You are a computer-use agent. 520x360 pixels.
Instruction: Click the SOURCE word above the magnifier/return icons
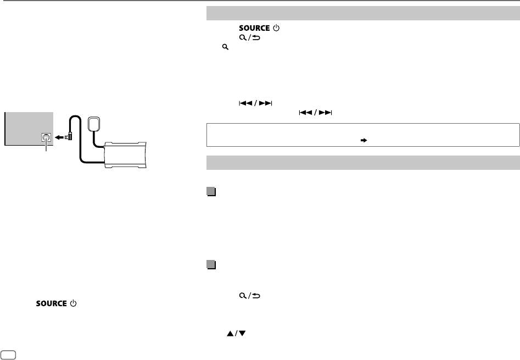tap(254, 28)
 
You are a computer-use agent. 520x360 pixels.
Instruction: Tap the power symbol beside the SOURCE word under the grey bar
tap(276, 28)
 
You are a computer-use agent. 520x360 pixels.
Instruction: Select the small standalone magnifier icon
tap(226, 47)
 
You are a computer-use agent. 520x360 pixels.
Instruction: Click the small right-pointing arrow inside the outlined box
tap(364, 140)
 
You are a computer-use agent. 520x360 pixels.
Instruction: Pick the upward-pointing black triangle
tap(230, 334)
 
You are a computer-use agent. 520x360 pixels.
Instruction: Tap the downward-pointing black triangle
tap(242, 334)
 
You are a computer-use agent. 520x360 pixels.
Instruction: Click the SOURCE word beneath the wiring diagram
tap(52, 303)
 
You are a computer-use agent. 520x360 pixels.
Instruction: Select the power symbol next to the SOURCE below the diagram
tap(73, 303)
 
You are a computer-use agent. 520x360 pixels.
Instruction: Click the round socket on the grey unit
tap(46, 137)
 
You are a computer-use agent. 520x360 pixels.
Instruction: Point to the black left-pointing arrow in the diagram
tap(59, 137)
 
